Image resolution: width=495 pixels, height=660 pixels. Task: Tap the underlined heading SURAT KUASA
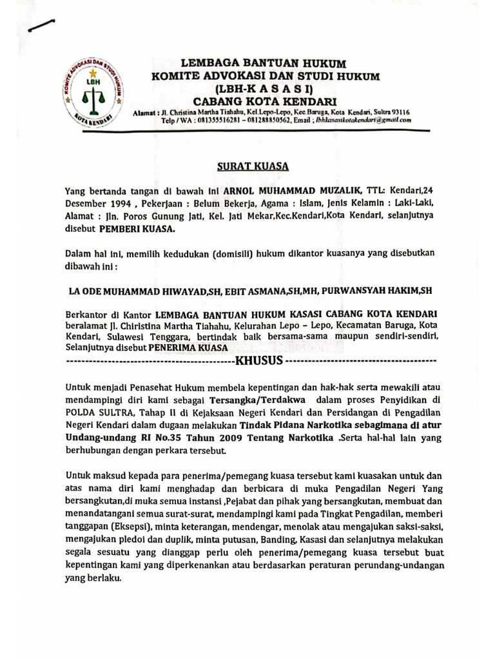(252, 166)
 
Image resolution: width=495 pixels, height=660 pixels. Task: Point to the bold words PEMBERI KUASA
(136, 228)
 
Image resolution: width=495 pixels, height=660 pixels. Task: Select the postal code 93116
(396, 112)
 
